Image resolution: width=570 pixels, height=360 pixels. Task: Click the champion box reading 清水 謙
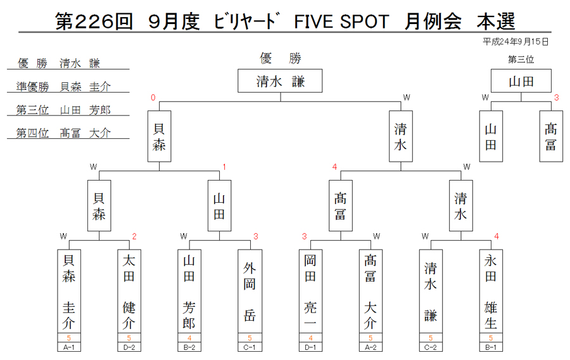tap(280, 80)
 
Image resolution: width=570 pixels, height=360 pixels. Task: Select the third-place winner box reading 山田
tap(521, 80)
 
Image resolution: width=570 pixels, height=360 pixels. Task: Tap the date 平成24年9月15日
tap(516, 42)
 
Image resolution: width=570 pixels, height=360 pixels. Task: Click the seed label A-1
tap(68, 347)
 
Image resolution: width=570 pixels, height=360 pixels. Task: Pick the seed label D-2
tap(129, 347)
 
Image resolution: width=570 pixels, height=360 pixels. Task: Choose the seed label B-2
tap(189, 347)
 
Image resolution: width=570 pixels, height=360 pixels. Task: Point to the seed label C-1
tap(250, 347)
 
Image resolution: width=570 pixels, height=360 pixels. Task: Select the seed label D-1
tap(310, 347)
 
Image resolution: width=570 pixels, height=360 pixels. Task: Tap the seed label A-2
tap(370, 347)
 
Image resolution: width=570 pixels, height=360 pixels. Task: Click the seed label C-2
tap(431, 347)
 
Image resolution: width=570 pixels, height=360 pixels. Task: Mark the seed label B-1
tap(491, 347)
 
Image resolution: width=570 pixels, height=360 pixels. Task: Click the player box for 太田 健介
tap(129, 292)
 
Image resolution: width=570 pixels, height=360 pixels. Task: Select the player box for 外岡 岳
tap(250, 292)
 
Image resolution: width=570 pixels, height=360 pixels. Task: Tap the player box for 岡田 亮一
tap(310, 292)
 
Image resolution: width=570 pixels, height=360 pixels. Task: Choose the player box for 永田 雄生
tap(491, 292)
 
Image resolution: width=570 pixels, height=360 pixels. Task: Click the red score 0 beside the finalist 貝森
tap(153, 98)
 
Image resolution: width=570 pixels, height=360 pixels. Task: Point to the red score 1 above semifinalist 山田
tap(224, 167)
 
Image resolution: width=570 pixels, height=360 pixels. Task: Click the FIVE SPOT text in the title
tap(341, 22)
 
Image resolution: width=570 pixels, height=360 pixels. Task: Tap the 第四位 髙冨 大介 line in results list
tap(63, 133)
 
